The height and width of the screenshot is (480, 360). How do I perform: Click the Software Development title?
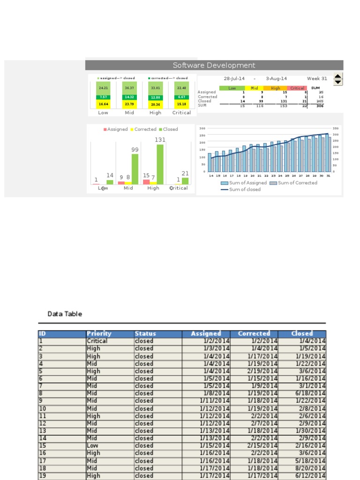click(214, 66)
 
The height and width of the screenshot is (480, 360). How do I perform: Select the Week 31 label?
click(317, 79)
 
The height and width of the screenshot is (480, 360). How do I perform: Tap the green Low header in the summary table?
click(232, 88)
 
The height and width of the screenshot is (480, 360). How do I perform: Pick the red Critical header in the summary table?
click(297, 88)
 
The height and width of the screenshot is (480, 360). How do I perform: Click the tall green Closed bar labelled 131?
click(160, 164)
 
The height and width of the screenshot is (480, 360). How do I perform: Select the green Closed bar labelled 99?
click(135, 169)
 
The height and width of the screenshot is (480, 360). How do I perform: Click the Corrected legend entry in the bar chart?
click(144, 129)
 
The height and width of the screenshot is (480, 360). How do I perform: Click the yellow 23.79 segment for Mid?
click(129, 105)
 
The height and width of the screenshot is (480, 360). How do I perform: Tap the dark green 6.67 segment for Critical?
click(181, 97)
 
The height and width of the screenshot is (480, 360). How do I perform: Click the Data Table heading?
click(65, 314)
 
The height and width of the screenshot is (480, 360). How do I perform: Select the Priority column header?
click(99, 334)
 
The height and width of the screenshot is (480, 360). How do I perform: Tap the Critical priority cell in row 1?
click(97, 341)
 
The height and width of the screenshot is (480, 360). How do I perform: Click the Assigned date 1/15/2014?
click(215, 446)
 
